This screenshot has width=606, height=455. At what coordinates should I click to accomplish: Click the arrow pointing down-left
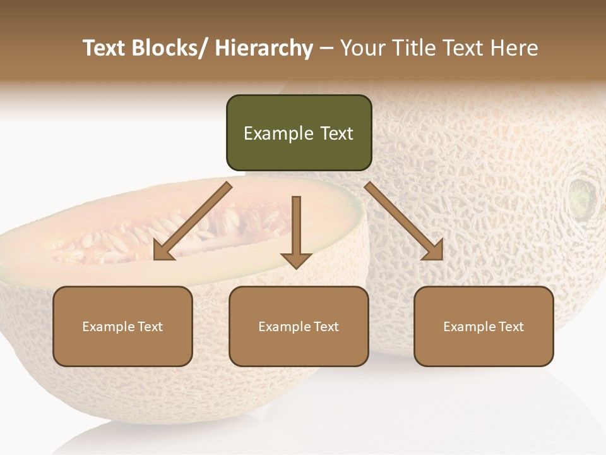(192, 221)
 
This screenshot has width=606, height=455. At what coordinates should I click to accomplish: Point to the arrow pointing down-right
(404, 221)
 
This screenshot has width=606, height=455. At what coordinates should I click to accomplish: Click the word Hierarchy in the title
(264, 48)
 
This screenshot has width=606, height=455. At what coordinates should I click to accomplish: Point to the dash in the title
(326, 49)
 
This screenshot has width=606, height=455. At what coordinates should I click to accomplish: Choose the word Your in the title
(362, 48)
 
